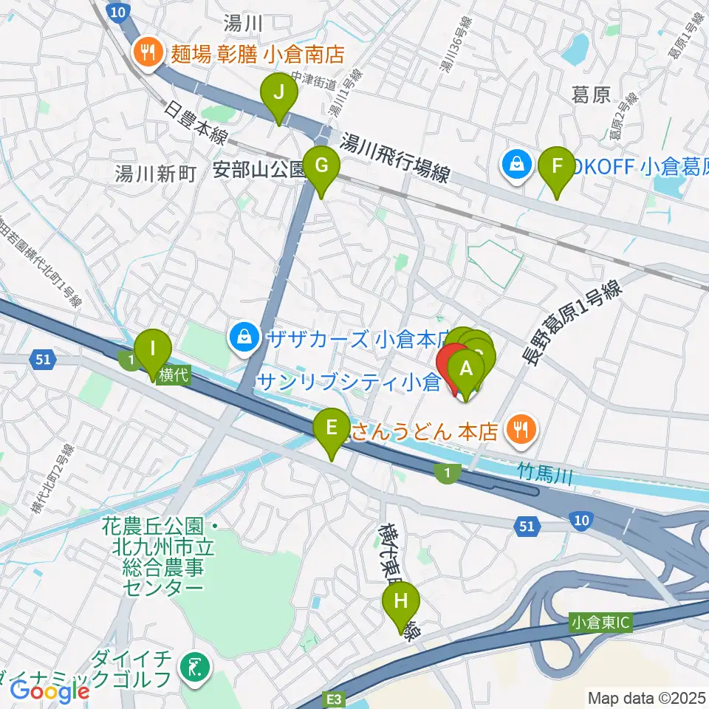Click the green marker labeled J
279,94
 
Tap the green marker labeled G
321,166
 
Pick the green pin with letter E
332,428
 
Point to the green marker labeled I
154,349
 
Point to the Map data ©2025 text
645,696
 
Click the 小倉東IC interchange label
600,623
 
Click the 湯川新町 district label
155,174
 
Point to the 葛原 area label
591,95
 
